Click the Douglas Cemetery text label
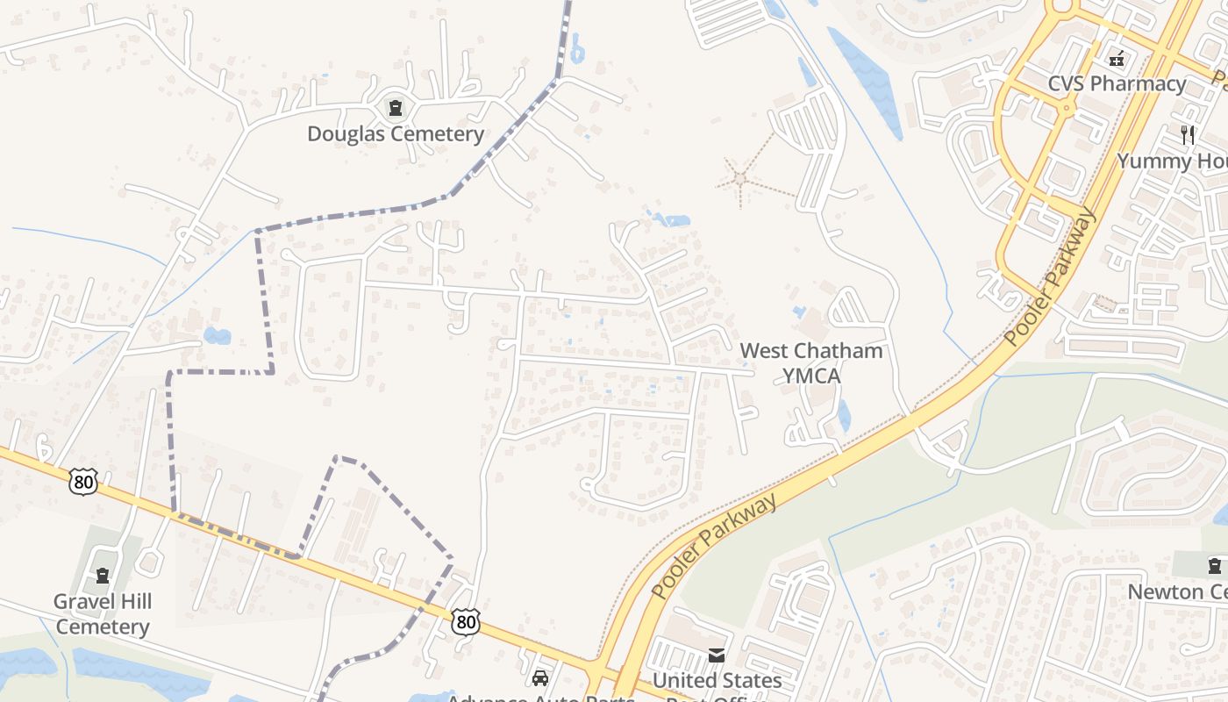click(395, 134)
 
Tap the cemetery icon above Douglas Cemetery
click(396, 109)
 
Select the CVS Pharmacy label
click(1117, 84)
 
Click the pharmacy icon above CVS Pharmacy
click(1117, 60)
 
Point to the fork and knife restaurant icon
click(1189, 134)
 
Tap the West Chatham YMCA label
click(810, 363)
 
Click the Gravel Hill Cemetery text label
click(103, 614)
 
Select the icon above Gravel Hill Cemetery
click(103, 577)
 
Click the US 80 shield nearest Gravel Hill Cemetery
click(82, 481)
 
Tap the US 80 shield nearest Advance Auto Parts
click(466, 622)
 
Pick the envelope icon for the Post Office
click(717, 655)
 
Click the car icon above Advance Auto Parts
click(540, 678)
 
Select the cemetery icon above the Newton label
click(1215, 566)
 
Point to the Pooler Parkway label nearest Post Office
click(714, 547)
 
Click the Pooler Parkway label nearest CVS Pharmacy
click(1051, 276)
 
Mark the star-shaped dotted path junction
click(740, 179)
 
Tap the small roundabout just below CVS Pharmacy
click(1067, 108)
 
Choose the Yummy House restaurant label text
click(1171, 161)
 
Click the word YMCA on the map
click(810, 376)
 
